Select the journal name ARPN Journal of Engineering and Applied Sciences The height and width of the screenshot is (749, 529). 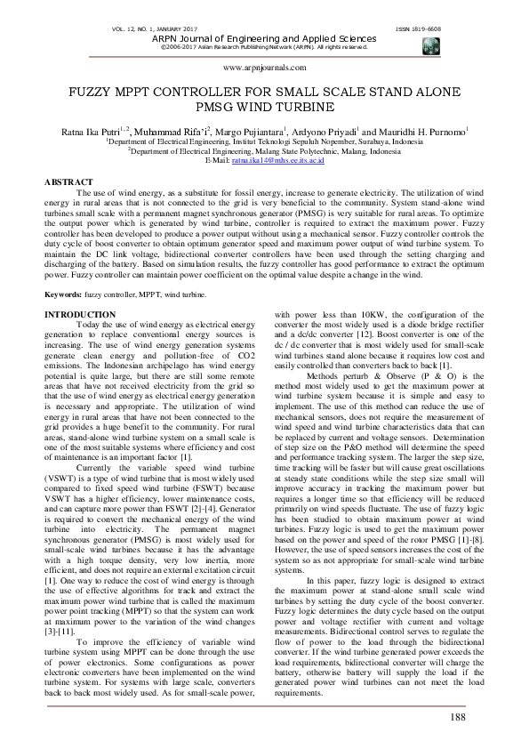[x=264, y=39]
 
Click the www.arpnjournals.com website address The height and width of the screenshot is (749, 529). [x=264, y=68]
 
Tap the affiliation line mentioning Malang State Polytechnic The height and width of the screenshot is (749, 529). [x=265, y=151]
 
